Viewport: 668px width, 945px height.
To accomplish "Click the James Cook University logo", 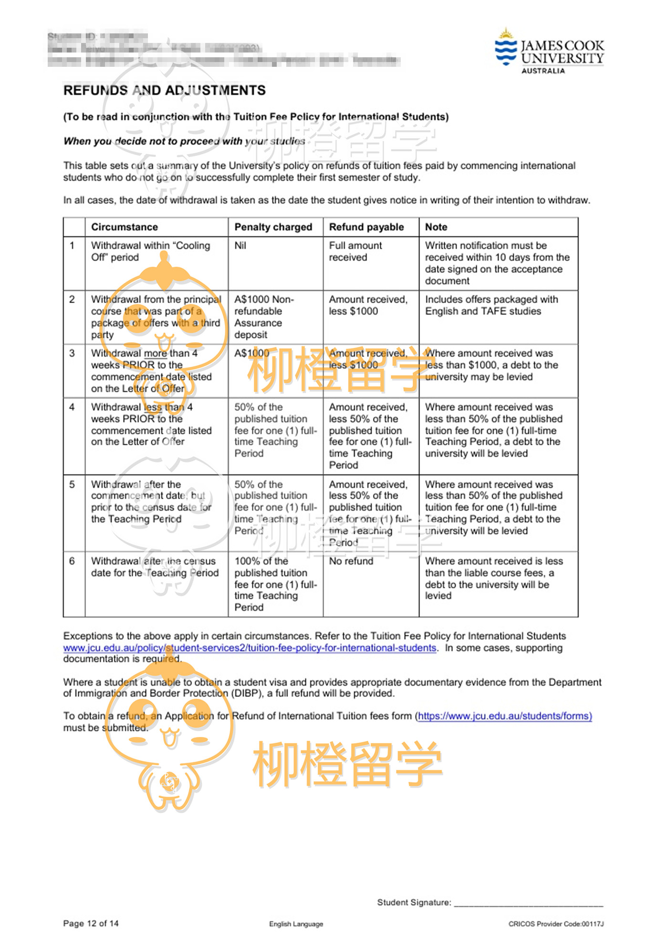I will [549, 52].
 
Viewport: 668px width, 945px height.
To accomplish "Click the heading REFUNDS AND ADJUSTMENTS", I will [164, 90].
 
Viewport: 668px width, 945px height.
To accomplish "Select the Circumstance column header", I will [125, 227].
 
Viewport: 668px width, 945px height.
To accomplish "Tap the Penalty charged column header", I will [273, 227].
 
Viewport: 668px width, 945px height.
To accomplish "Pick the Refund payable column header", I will [366, 227].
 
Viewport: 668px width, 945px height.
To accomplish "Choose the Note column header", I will [436, 227].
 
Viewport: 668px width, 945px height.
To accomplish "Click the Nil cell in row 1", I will [240, 245].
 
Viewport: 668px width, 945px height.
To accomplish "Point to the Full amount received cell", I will [355, 251].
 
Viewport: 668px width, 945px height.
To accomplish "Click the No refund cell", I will [351, 561].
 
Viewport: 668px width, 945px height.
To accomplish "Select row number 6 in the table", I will [72, 561].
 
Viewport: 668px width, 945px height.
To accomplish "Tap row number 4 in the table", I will [72, 407].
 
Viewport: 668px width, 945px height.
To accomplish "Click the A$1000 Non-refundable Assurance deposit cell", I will [264, 316].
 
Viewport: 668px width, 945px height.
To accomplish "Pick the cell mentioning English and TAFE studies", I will [491, 305].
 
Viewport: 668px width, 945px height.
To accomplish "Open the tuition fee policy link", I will [250, 648].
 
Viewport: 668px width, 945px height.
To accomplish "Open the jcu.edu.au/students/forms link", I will [505, 716].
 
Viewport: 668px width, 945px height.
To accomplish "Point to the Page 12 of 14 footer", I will [91, 923].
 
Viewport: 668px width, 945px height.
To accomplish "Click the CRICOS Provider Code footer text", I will [556, 924].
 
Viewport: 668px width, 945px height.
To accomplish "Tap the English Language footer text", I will [296, 924].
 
